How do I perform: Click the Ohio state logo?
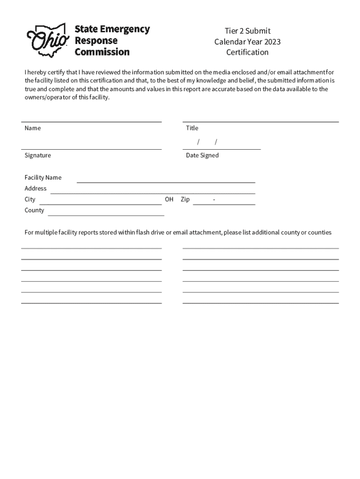coord(48,41)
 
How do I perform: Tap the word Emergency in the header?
coord(125,29)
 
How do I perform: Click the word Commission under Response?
coord(102,52)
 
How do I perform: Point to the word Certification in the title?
coord(247,52)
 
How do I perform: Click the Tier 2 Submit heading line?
coord(247,31)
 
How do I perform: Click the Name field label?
coord(33,128)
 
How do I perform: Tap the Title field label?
coord(192,128)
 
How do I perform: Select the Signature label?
coord(38,155)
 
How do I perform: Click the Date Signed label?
coord(202,155)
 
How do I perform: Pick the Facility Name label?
coord(43,178)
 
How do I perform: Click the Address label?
coord(36,189)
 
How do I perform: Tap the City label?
coord(30,199)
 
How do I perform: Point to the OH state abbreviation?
coord(169,199)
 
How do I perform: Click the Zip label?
coord(185,199)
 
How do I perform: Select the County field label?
coord(35,210)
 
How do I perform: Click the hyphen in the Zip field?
coord(214,200)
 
